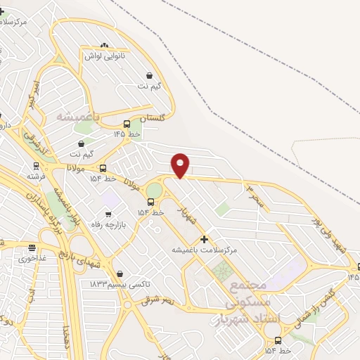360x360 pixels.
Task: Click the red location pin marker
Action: coord(181,165)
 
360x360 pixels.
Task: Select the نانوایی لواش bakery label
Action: coord(105,55)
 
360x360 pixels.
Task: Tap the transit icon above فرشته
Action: coord(35,167)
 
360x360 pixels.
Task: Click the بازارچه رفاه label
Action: coord(108,224)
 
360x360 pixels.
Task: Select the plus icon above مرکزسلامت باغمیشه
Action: coord(205,239)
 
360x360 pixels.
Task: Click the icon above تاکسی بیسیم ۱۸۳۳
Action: coord(120,273)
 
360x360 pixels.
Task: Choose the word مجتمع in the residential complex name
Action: coord(248,285)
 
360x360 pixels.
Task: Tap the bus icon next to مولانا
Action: coord(103,168)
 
